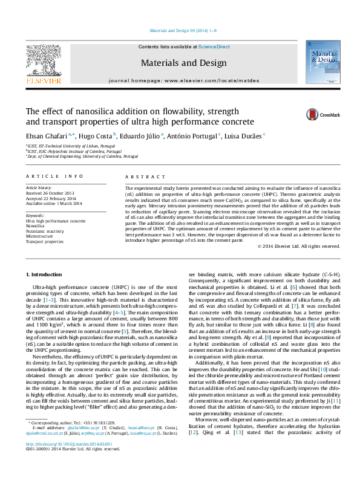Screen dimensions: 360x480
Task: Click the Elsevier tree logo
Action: click(43, 59)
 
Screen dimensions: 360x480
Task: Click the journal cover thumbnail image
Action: click(322, 62)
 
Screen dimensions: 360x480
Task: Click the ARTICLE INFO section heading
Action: click(54, 176)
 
